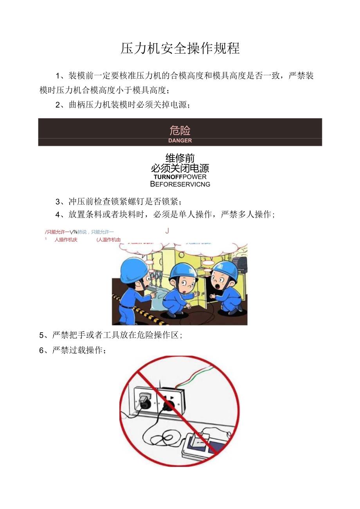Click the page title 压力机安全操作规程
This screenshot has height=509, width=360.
point(180,49)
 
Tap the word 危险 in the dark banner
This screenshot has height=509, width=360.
point(180,129)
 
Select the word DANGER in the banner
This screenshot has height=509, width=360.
point(180,140)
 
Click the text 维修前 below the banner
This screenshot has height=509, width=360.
point(180,158)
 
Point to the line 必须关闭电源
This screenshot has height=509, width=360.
point(180,168)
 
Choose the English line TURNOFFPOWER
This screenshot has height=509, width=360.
point(180,177)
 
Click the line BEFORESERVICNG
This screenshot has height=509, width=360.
point(180,184)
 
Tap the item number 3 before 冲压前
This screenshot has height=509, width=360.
point(58,202)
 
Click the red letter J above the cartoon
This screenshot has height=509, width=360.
point(167,231)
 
